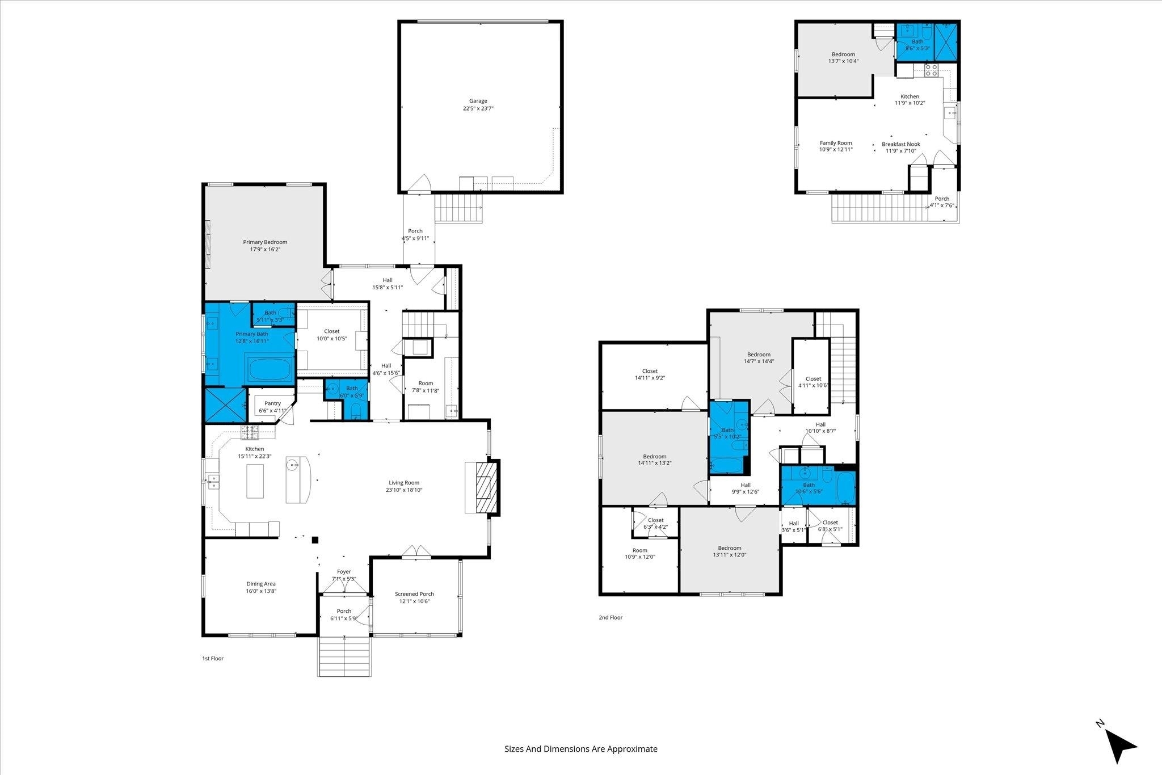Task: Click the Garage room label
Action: point(478,104)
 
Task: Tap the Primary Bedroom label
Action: point(265,246)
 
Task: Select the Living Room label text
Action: point(404,486)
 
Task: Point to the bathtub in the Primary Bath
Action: point(270,369)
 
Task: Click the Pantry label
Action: point(272,407)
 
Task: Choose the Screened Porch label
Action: point(414,597)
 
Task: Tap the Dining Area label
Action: point(261,587)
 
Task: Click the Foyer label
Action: point(344,575)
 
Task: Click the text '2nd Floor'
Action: point(611,617)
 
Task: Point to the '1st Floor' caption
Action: point(213,659)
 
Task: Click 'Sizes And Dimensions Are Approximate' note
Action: point(581,749)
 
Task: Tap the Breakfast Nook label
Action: point(901,148)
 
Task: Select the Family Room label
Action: point(836,146)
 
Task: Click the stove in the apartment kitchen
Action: point(931,70)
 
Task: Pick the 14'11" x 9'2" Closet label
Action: point(650,374)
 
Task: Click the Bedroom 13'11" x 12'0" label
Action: point(730,551)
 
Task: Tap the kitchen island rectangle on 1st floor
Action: point(255,481)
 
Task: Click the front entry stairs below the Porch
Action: point(345,656)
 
